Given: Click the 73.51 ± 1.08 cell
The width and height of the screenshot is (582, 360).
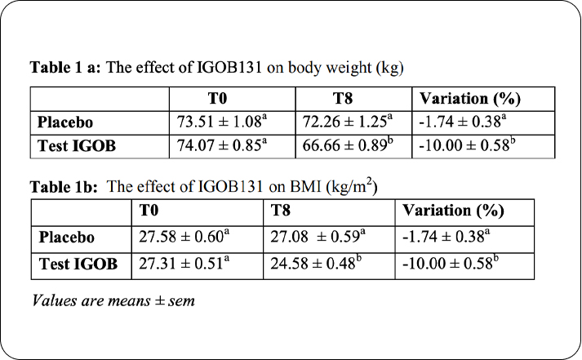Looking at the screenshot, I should click(x=220, y=123).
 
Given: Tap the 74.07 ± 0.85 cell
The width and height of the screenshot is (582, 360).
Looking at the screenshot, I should click(x=220, y=147).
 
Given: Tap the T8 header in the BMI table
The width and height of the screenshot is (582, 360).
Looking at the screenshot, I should click(x=281, y=211).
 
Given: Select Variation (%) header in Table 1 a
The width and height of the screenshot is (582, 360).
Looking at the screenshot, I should click(x=469, y=100).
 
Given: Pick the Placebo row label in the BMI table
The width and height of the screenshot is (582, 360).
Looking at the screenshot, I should click(x=67, y=238).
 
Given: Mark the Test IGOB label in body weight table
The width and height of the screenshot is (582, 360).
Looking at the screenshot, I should click(x=76, y=147).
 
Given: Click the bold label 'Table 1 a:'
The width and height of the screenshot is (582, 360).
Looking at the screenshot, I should click(x=65, y=67).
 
